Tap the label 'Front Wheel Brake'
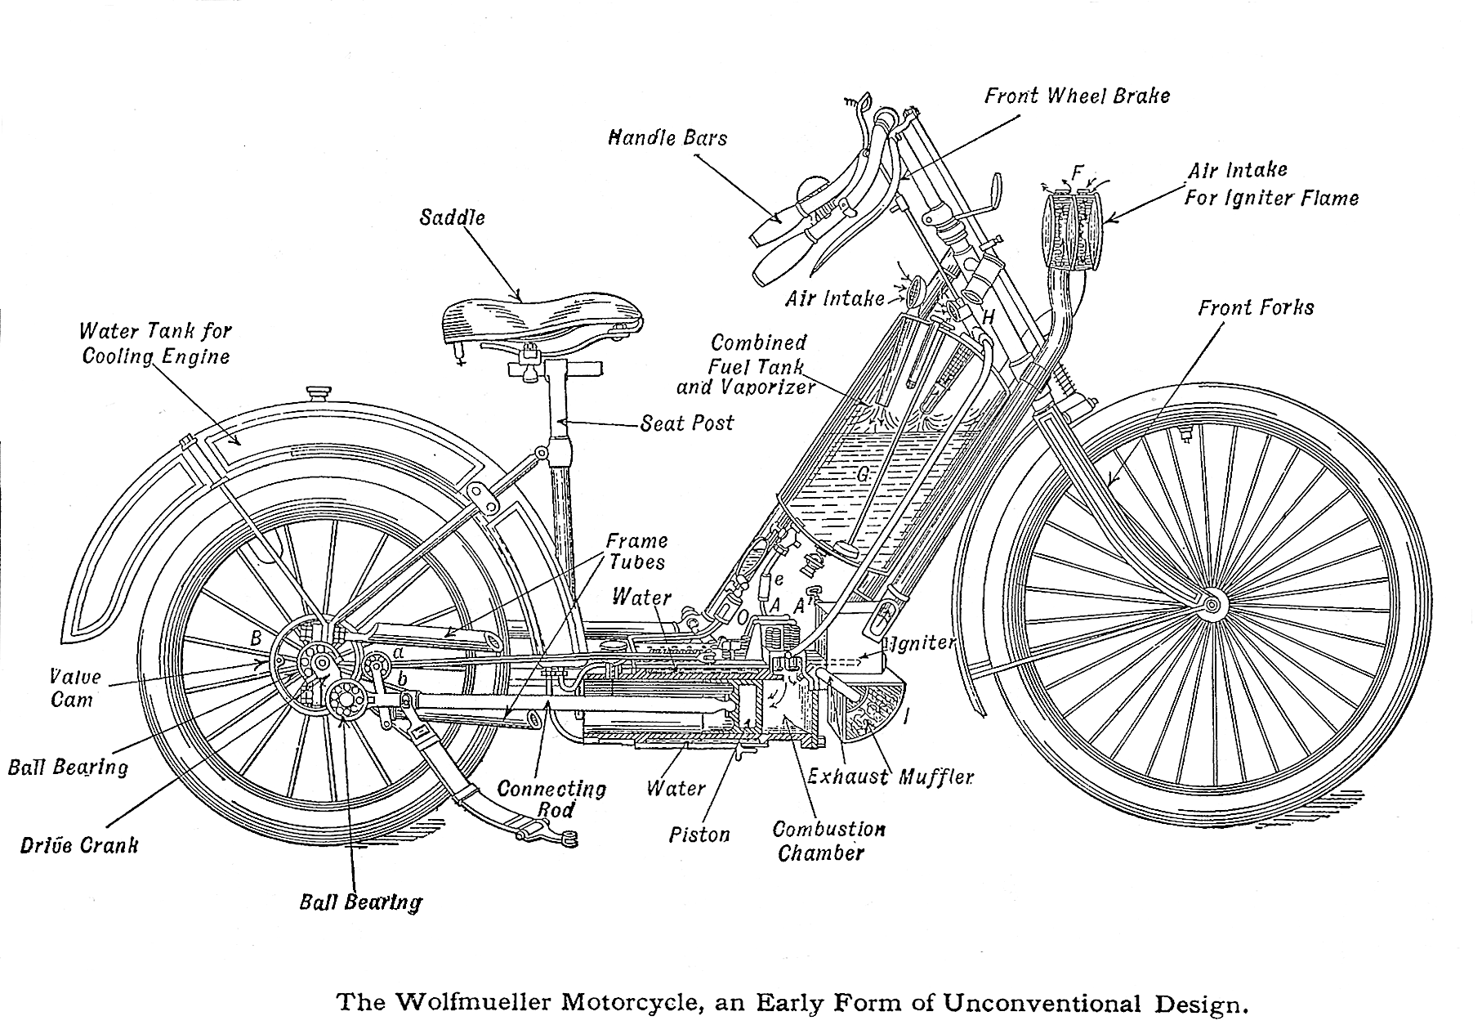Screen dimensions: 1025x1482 [x=1076, y=96]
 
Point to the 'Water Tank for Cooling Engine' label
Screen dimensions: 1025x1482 [x=155, y=343]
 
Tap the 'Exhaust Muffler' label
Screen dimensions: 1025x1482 [x=891, y=777]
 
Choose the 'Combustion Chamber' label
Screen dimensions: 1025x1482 [x=828, y=841]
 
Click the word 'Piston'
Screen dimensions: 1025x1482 [x=699, y=835]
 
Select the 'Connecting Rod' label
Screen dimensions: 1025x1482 [x=551, y=799]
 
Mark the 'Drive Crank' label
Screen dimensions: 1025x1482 [x=79, y=845]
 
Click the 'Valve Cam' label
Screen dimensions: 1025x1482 [x=74, y=688]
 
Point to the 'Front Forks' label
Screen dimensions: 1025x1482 [x=1256, y=308]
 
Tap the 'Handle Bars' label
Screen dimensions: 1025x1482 [x=667, y=138]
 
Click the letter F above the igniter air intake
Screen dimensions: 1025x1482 [x=1078, y=173]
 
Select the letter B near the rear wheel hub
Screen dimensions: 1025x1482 [x=256, y=638]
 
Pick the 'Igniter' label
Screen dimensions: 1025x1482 [x=923, y=642]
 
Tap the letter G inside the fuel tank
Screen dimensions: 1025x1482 [x=863, y=474]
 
